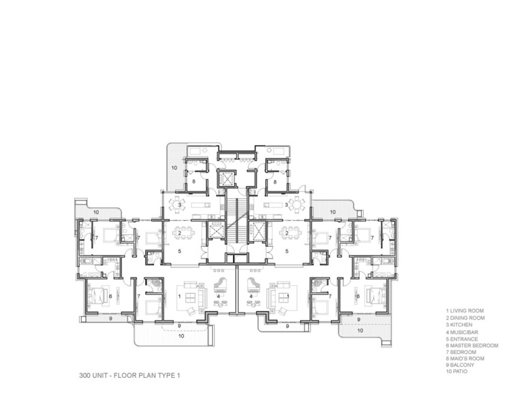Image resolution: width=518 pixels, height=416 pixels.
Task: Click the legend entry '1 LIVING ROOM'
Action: pyautogui.click(x=465, y=311)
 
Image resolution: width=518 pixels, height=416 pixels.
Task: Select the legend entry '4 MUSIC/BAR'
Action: pyautogui.click(x=462, y=332)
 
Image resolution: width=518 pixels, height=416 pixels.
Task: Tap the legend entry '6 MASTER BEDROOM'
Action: pyautogui.click(x=472, y=346)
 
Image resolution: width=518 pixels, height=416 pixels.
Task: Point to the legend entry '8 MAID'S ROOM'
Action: pyautogui.click(x=465, y=359)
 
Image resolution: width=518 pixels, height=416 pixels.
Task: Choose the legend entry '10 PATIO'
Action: pyautogui.click(x=457, y=372)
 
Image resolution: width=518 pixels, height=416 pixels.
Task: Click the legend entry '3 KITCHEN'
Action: pyautogui.click(x=459, y=325)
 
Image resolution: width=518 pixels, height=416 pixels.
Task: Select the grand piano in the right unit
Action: pyautogui.click(x=253, y=285)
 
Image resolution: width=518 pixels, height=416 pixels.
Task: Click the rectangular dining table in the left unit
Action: pyautogui.click(x=180, y=233)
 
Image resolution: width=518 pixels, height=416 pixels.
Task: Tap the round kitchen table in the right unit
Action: pyautogui.click(x=299, y=205)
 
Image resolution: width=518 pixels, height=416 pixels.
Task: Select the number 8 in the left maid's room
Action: pyautogui.click(x=194, y=181)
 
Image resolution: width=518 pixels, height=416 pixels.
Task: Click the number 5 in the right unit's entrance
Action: pyautogui.click(x=287, y=251)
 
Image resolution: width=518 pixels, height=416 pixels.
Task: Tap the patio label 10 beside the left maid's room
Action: pyautogui.click(x=174, y=168)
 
